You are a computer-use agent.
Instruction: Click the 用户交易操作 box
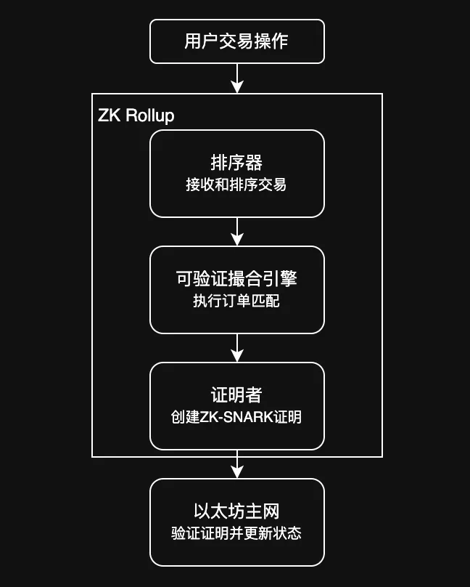(236, 41)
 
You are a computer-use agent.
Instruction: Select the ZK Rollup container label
(136, 116)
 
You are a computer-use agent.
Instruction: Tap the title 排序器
(236, 163)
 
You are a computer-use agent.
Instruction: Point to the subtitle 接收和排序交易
(236, 185)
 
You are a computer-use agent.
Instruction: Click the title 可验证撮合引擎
(236, 279)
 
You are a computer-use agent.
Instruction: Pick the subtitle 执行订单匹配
(236, 301)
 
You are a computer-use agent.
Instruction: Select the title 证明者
(236, 395)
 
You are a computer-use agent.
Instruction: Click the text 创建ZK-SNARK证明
(236, 418)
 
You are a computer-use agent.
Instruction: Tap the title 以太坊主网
(236, 511)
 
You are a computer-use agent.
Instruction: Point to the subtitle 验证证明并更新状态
(236, 534)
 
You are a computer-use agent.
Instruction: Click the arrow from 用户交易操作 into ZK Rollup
(236, 78)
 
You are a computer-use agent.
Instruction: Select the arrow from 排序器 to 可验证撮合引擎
(236, 232)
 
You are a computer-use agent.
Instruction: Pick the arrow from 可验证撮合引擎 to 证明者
(236, 348)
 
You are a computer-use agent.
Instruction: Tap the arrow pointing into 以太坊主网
(236, 467)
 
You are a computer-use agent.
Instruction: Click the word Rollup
(150, 116)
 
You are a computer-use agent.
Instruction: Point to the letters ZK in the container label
(110, 116)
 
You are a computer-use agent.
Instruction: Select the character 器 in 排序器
(253, 163)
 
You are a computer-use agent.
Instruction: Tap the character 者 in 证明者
(253, 395)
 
